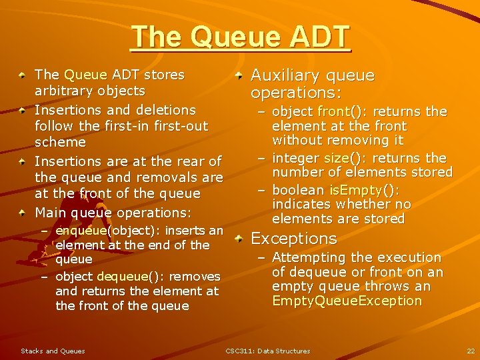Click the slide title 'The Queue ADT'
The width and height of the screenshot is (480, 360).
point(240,37)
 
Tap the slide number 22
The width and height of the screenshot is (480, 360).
point(470,351)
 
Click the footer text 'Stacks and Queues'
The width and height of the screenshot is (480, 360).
point(53,351)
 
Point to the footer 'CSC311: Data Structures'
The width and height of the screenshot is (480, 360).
point(267,351)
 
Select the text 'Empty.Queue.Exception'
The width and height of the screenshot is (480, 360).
point(347,301)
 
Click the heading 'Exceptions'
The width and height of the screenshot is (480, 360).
point(293,238)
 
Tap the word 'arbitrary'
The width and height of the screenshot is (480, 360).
point(62,91)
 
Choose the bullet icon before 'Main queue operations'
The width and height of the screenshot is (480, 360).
point(23,213)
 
